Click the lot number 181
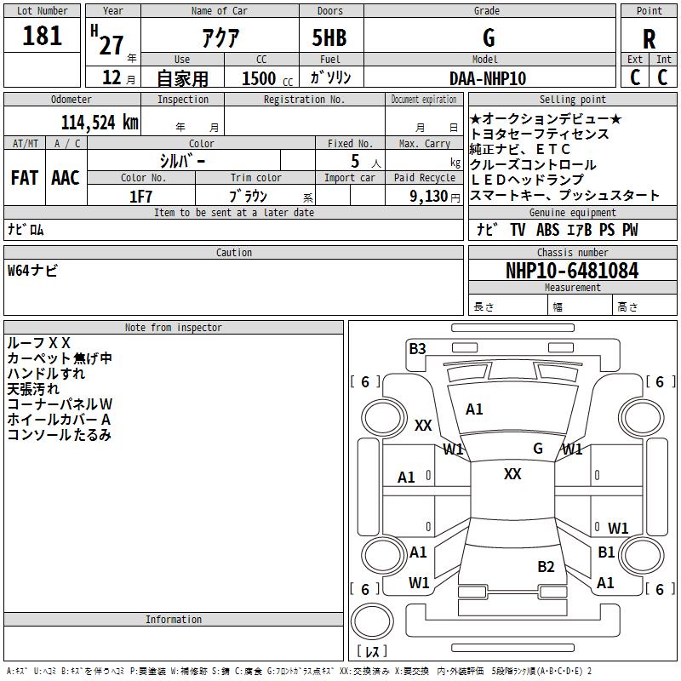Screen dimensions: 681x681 click(x=42, y=36)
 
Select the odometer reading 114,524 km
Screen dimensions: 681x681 click(x=100, y=123)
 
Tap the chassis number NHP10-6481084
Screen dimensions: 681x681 click(x=572, y=271)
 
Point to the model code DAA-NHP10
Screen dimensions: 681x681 click(x=488, y=78)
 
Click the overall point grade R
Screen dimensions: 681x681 click(x=649, y=39)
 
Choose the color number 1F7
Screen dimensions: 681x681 click(x=140, y=197)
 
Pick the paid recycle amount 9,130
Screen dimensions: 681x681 click(x=429, y=196)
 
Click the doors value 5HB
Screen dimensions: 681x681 click(x=329, y=37)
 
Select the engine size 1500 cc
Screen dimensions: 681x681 click(x=267, y=78)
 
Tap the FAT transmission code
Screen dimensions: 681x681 click(x=25, y=178)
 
